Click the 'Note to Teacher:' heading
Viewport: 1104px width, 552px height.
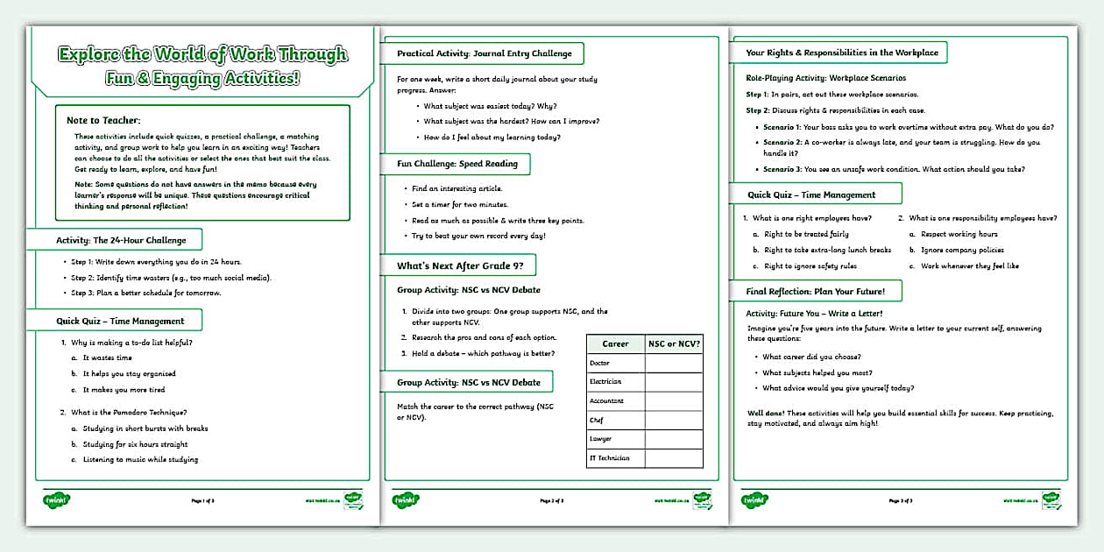(103, 120)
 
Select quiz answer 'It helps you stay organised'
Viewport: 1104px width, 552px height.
(129, 374)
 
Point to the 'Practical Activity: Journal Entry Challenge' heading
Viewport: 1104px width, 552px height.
(484, 53)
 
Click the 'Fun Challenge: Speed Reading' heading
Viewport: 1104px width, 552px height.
(457, 164)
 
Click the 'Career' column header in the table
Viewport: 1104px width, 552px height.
(615, 343)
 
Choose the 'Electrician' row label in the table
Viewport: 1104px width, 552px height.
(605, 382)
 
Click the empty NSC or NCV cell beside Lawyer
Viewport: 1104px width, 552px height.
(674, 439)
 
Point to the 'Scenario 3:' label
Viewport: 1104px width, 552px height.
(786, 169)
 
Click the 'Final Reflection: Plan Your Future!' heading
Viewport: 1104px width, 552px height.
(816, 292)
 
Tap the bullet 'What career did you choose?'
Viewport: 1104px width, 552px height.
(811, 357)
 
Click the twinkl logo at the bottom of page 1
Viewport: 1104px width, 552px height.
(56, 500)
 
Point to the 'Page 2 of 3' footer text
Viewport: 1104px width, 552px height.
(551, 501)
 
